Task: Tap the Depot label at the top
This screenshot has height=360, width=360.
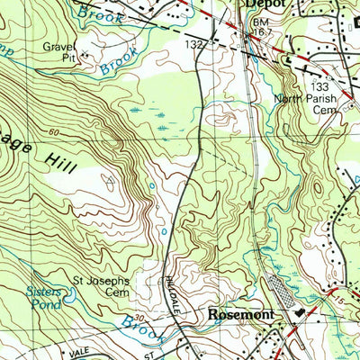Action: [x=263, y=4]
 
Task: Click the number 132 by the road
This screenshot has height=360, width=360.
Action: [x=194, y=44]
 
